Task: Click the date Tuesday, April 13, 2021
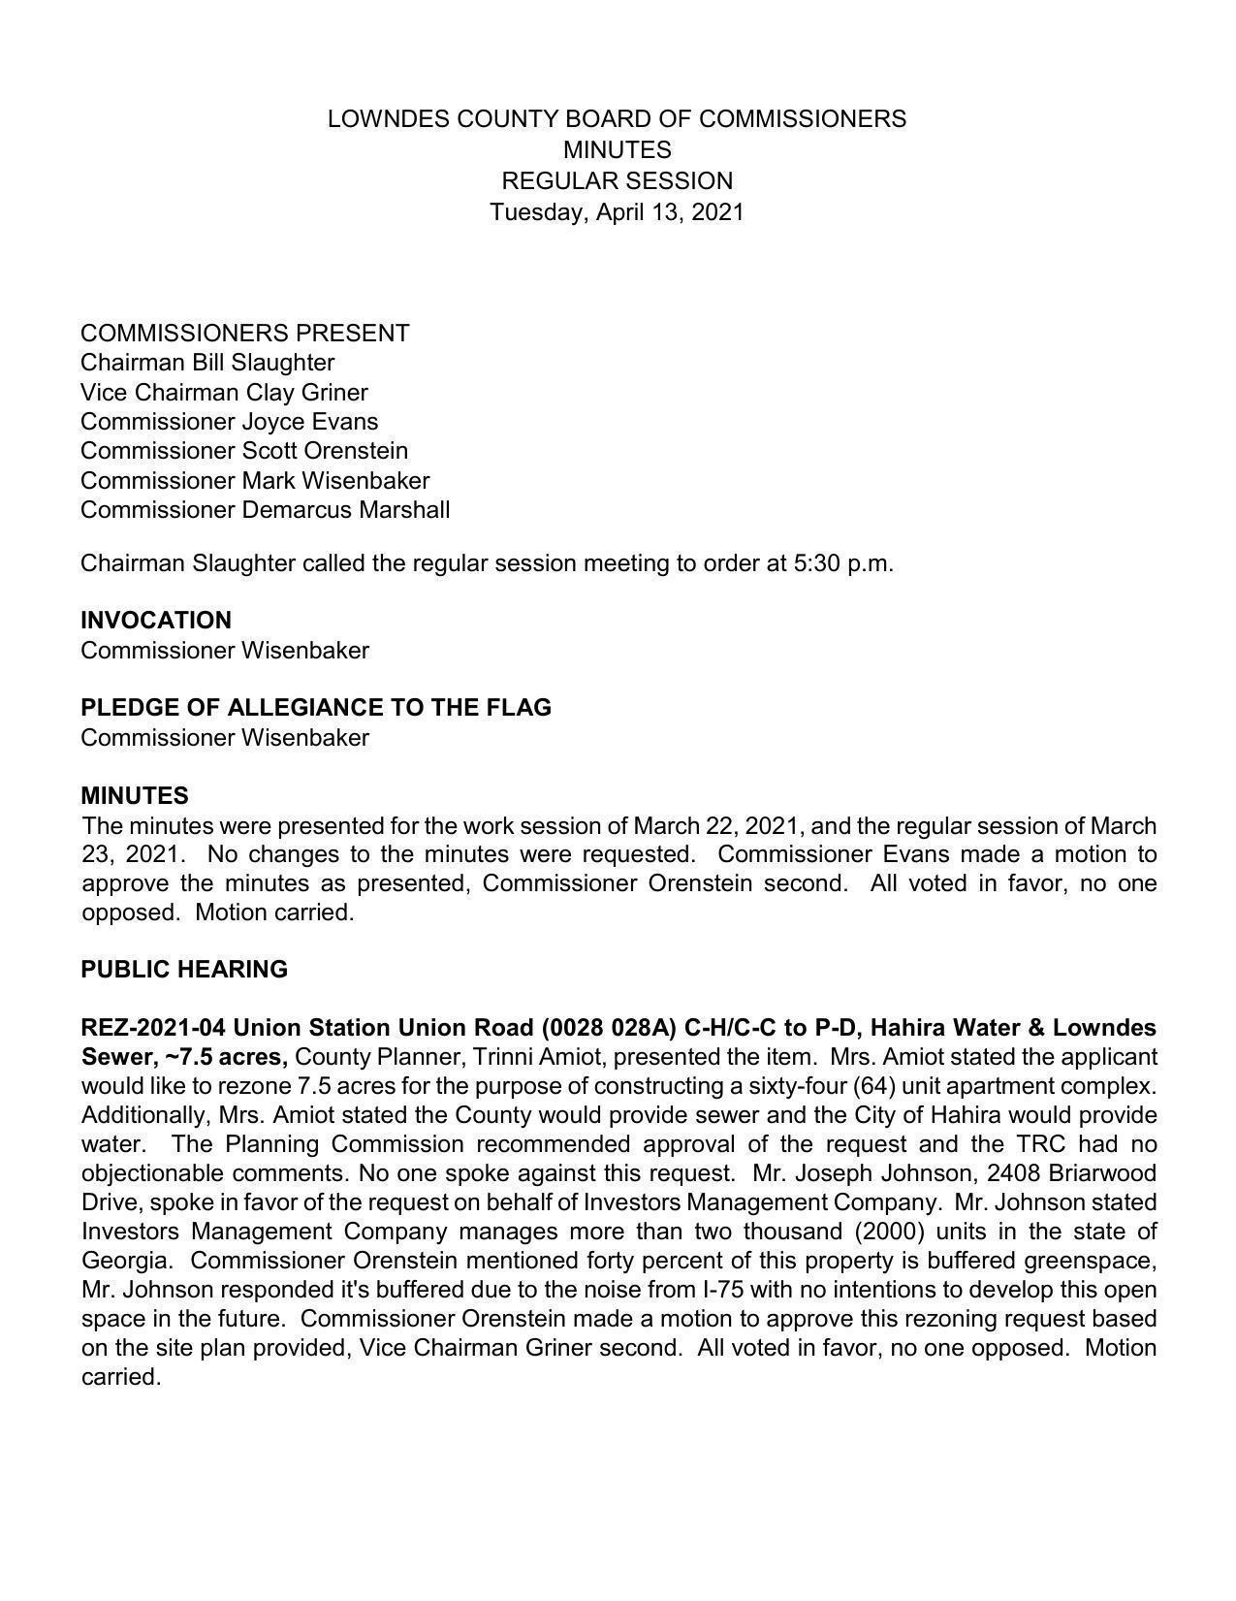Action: click(x=617, y=211)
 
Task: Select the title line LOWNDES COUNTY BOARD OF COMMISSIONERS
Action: click(x=617, y=119)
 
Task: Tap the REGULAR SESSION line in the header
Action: click(x=617, y=181)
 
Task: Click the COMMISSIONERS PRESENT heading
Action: click(x=244, y=334)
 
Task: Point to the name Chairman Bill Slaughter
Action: click(x=207, y=363)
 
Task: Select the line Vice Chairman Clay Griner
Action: click(x=224, y=393)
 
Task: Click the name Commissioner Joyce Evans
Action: click(x=229, y=422)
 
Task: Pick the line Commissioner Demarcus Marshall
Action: click(x=265, y=510)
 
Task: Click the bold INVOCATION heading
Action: click(x=156, y=621)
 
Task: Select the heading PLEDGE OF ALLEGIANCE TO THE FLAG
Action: click(x=316, y=708)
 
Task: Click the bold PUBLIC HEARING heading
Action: click(x=184, y=970)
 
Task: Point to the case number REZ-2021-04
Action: click(x=154, y=1028)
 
